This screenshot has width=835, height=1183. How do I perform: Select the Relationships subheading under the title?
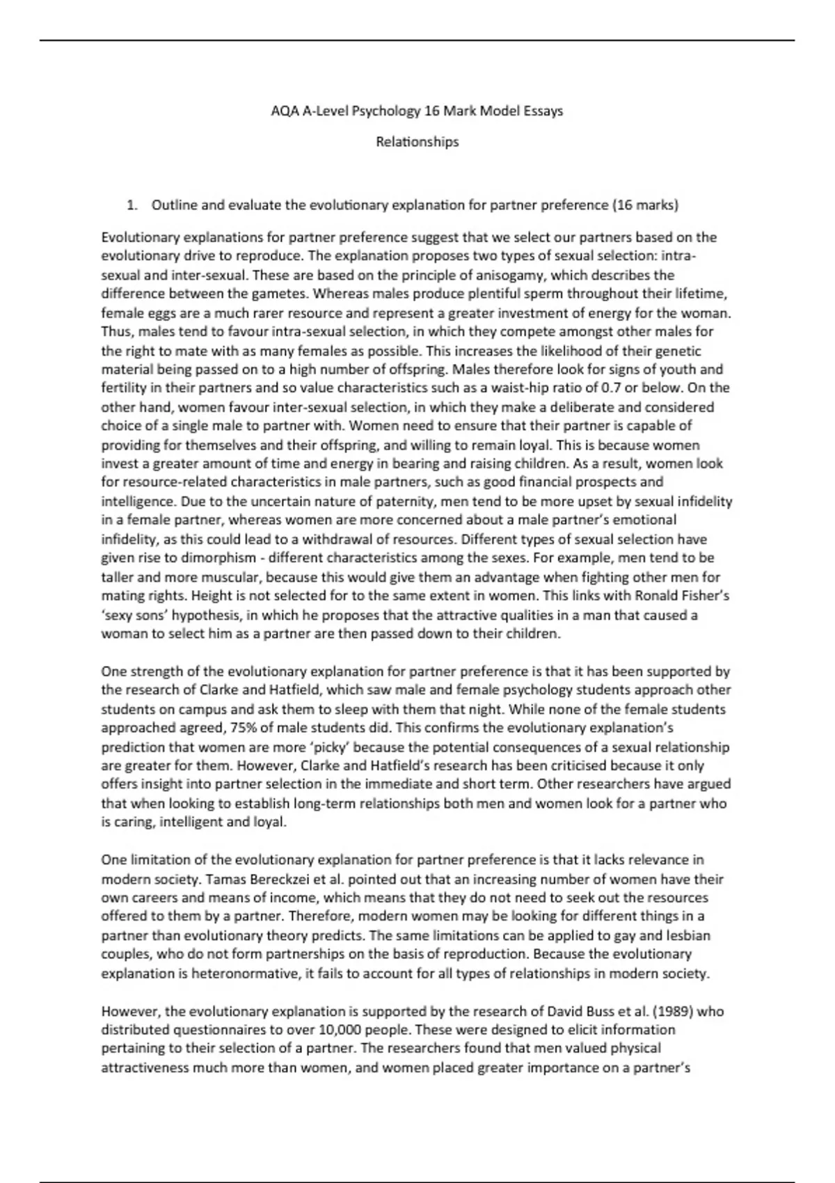[x=417, y=142]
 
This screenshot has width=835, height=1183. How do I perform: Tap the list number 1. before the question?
[x=131, y=205]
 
